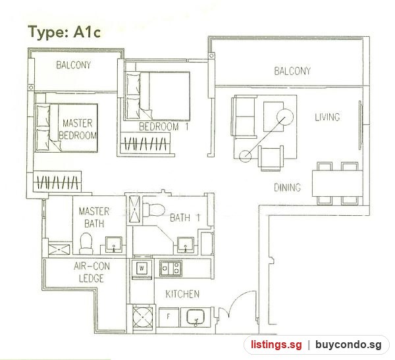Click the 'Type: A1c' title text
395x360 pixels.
point(65,32)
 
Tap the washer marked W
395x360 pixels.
point(142,269)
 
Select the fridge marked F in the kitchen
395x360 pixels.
point(169,317)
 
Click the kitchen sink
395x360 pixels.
point(196,317)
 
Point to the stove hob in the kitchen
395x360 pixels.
point(171,268)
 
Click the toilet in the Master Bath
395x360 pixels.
point(86,244)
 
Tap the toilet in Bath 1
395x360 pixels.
point(153,209)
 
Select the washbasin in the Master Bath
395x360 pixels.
point(114,244)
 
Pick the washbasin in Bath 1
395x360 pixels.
point(186,245)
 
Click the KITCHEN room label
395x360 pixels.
point(182,294)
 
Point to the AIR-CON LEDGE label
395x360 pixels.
point(92,272)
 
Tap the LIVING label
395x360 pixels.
point(327,117)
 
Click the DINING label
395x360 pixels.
point(287,188)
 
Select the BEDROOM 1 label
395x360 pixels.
point(164,126)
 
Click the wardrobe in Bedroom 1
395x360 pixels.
point(145,143)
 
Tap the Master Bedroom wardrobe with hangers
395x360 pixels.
point(57,182)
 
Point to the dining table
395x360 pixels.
point(337,183)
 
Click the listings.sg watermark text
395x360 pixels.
point(276,344)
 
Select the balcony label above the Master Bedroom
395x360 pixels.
point(73,64)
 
